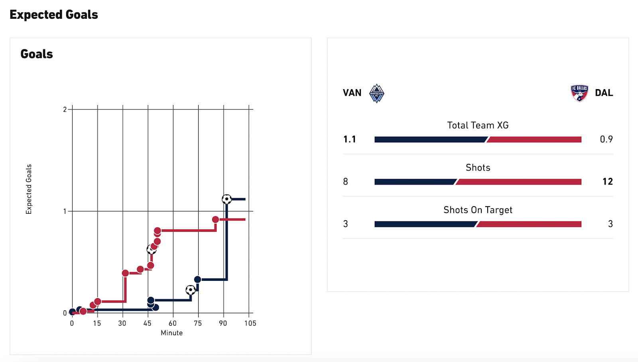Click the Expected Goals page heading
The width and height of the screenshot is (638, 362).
click(54, 15)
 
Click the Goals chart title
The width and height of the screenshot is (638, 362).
click(37, 54)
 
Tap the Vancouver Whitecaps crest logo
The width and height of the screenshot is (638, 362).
click(376, 93)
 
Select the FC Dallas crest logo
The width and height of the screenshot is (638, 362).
click(579, 93)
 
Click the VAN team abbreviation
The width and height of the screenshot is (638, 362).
click(352, 93)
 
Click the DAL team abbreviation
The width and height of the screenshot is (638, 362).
click(604, 93)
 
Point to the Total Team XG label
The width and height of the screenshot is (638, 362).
click(478, 125)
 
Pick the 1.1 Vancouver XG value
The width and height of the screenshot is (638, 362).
click(350, 139)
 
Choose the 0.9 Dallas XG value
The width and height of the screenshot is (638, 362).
click(606, 139)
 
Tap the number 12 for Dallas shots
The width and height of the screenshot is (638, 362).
click(607, 182)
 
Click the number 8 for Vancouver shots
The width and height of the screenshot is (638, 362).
click(346, 182)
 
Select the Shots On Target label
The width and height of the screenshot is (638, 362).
click(478, 210)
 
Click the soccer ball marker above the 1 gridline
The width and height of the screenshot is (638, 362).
click(226, 199)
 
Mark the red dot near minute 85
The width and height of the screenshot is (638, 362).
click(215, 219)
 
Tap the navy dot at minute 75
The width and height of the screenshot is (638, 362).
click(197, 279)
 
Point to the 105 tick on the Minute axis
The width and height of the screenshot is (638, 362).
click(250, 323)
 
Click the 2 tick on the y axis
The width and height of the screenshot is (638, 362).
click(65, 109)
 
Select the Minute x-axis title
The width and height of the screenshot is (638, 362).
click(171, 333)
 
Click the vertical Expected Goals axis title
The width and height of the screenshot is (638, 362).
click(29, 189)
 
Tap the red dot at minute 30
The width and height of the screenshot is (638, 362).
click(125, 273)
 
